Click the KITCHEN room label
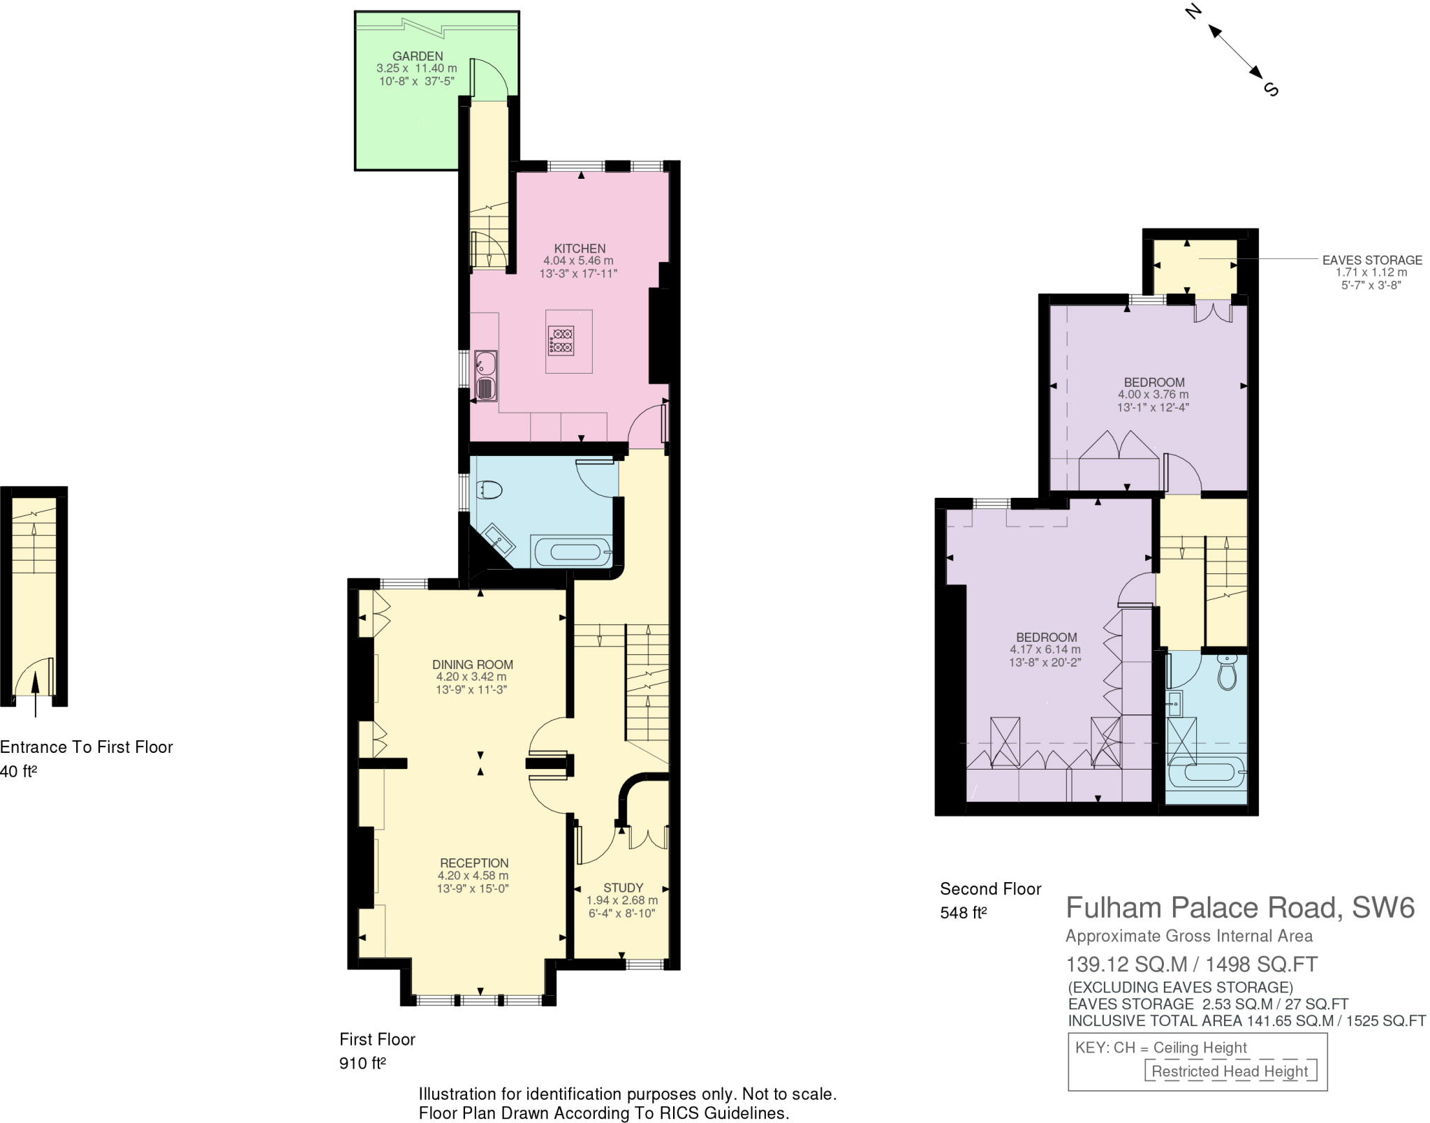point(580,248)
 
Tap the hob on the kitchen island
point(561,341)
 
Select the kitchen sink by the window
point(486,376)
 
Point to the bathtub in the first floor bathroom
point(573,552)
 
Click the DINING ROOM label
point(472,664)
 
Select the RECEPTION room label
point(473,863)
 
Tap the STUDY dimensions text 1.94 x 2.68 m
point(621,900)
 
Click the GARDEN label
point(417,56)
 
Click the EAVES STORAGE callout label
point(1371,260)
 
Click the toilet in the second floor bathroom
point(1227,673)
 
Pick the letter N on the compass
point(1193,11)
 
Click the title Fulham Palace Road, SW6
point(1239,907)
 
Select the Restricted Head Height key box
point(1230,1071)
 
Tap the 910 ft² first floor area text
point(362,1063)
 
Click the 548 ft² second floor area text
point(963,912)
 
